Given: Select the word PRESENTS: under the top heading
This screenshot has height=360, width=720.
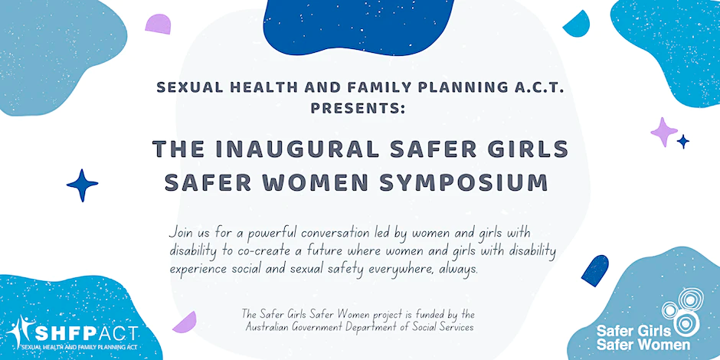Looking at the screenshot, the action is [358, 109].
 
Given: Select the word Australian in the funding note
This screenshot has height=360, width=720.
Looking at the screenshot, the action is [264, 327].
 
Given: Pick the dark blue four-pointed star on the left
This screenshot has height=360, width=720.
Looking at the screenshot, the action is [82, 185].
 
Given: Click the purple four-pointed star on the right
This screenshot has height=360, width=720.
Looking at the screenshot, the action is [664, 133].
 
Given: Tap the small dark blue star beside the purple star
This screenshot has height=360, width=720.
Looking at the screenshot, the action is [683, 142].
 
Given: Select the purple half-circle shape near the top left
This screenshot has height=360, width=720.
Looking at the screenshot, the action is [158, 25].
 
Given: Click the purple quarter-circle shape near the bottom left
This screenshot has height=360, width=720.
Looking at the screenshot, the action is [186, 324].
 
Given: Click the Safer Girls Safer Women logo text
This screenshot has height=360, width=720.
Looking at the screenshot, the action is [643, 338].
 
